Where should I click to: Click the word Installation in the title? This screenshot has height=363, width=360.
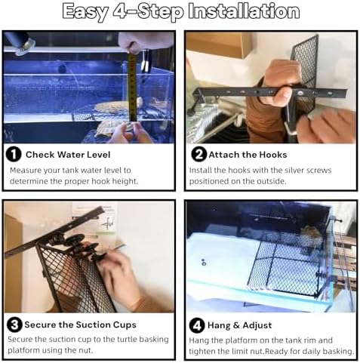tap(244, 11)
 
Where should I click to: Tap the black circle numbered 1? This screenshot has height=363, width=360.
tap(14, 154)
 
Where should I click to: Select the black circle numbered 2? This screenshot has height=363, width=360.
tap(198, 154)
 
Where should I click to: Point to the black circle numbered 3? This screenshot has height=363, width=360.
tap(14, 325)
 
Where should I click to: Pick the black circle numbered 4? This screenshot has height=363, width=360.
tap(197, 325)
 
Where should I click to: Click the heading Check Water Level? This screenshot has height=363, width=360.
tap(68, 155)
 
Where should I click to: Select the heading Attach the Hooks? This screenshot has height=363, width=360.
tap(248, 155)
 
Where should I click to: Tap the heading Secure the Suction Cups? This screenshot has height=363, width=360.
tap(81, 325)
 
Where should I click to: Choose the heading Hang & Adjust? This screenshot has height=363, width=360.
tap(239, 325)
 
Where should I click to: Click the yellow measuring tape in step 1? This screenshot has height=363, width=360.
tap(133, 88)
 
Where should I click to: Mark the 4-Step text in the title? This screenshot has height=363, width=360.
tap(148, 12)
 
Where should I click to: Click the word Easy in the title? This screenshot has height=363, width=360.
tap(85, 12)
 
